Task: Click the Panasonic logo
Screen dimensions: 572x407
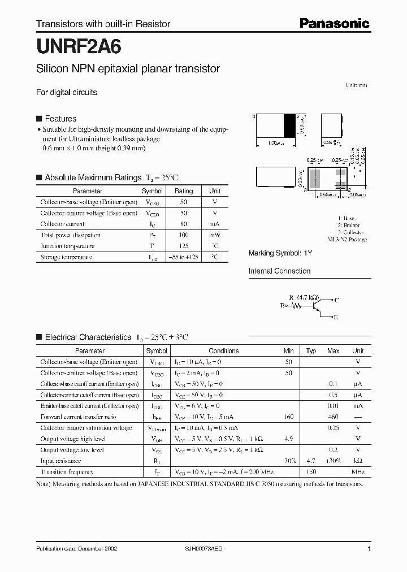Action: tap(334, 23)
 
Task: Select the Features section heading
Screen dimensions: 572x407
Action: tap(60, 119)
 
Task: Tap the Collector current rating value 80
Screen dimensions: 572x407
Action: tap(183, 224)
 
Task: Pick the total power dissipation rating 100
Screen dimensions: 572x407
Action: tap(183, 235)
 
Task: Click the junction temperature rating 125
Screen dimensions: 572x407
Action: tap(183, 246)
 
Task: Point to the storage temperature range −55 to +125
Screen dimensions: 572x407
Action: tap(183, 257)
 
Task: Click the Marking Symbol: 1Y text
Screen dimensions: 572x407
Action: tap(280, 253)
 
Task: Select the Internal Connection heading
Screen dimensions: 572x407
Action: tap(279, 271)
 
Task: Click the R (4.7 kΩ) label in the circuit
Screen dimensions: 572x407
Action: tap(304, 297)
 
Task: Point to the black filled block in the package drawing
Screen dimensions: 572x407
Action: tap(289, 125)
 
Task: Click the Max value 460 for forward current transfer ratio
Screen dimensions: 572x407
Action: tap(333, 417)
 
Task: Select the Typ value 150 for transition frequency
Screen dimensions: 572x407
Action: tap(310, 472)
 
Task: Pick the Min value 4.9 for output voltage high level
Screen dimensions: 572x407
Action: tap(288, 439)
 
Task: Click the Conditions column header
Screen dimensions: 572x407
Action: tap(223, 351)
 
